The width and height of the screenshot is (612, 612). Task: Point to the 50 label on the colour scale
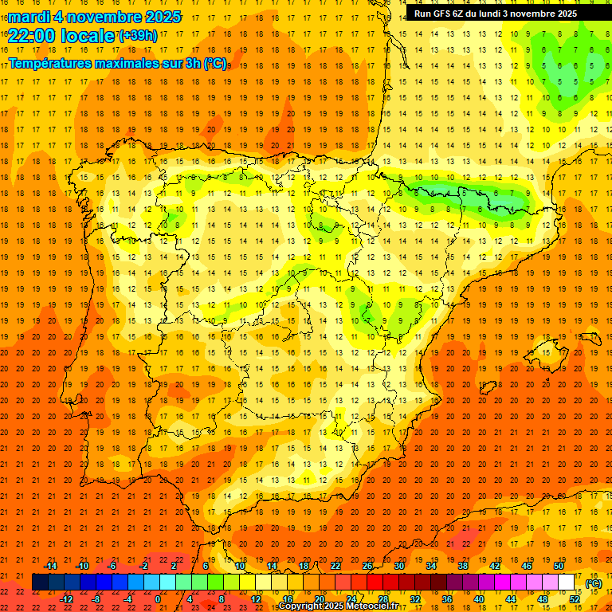click(x=559, y=566)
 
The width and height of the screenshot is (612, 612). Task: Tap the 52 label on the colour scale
click(x=575, y=599)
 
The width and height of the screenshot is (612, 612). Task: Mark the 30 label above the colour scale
click(x=399, y=566)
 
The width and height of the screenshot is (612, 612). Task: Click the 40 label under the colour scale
click(x=479, y=599)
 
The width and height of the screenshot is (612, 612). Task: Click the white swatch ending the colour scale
click(x=567, y=583)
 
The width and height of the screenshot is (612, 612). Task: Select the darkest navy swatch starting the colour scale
click(x=40, y=583)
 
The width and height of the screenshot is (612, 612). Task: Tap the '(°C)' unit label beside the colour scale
click(x=594, y=583)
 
